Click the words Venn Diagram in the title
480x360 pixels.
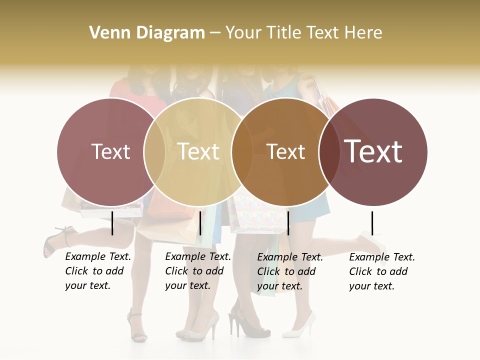[147, 33]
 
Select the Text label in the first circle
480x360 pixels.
[111, 151]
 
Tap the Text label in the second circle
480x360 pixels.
[198, 151]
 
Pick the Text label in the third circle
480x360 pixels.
[285, 151]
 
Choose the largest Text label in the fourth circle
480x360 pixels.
[373, 151]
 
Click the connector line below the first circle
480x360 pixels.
[112, 223]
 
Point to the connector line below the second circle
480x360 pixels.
[200, 223]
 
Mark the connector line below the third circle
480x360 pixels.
[288, 223]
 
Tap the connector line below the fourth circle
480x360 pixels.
[372, 223]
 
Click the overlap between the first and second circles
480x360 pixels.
[154, 151]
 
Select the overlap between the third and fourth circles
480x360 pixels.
[329, 151]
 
